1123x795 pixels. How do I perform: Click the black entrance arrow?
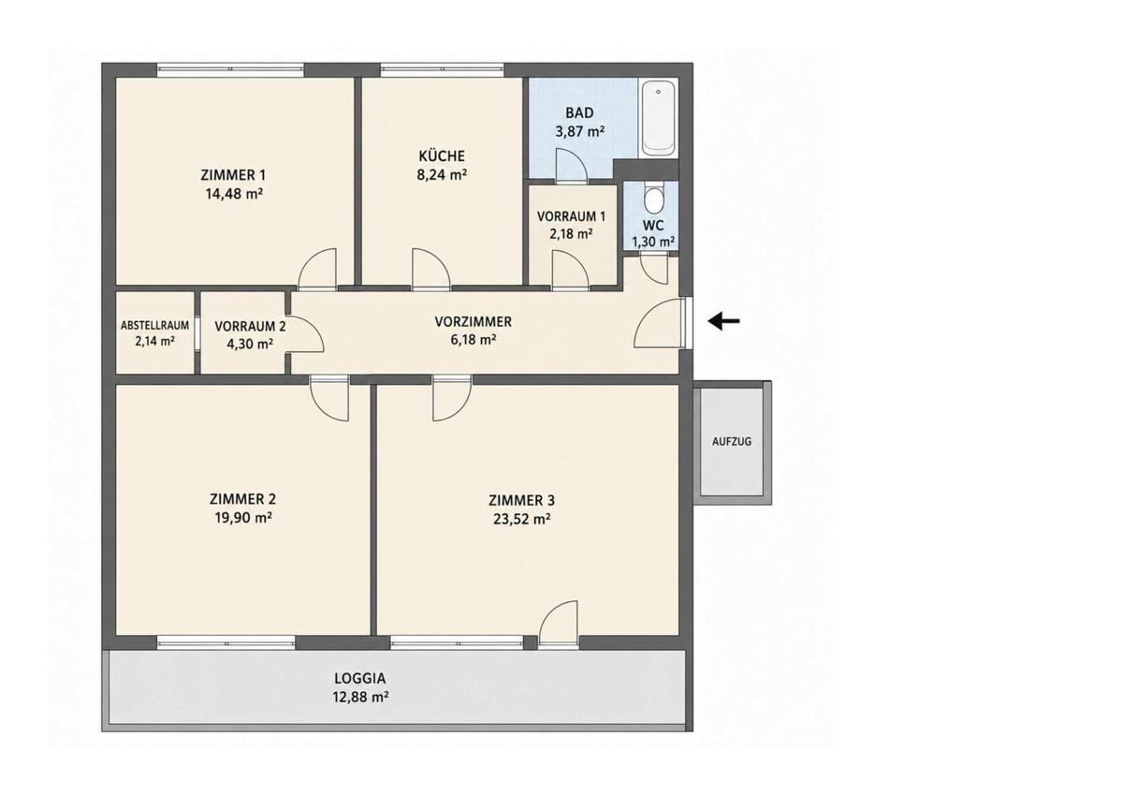pyautogui.click(x=723, y=320)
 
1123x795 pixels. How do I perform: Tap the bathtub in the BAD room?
pyautogui.click(x=658, y=118)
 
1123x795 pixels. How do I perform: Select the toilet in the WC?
pyautogui.click(x=653, y=199)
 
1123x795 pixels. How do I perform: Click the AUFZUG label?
pyautogui.click(x=732, y=442)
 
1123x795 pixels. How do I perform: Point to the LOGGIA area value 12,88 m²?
pyautogui.click(x=360, y=698)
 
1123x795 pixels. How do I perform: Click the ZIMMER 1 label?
pyautogui.click(x=233, y=175)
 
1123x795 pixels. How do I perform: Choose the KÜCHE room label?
pyautogui.click(x=442, y=156)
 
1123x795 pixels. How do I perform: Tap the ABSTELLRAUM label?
pyautogui.click(x=155, y=326)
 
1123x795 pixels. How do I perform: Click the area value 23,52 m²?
pyautogui.click(x=522, y=519)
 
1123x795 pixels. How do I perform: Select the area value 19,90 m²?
pyautogui.click(x=243, y=518)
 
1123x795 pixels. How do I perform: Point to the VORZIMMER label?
pyautogui.click(x=473, y=321)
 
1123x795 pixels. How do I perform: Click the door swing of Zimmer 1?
pyautogui.click(x=317, y=270)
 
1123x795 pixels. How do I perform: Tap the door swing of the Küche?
pyautogui.click(x=431, y=270)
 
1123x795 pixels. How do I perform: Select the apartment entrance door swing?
pyautogui.click(x=658, y=322)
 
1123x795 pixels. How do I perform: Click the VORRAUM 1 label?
pyautogui.click(x=571, y=216)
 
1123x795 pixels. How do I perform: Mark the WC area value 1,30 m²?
pyautogui.click(x=653, y=243)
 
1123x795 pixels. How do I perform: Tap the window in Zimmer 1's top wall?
pyautogui.click(x=230, y=69)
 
